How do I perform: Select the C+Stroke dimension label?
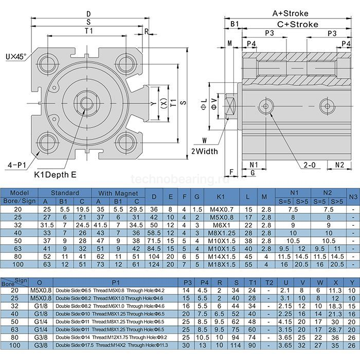298,24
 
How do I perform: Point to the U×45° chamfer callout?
16,54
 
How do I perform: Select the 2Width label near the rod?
204,151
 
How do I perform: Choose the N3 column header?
353,196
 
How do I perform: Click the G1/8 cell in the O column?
38,305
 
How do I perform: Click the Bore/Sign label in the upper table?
20,201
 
